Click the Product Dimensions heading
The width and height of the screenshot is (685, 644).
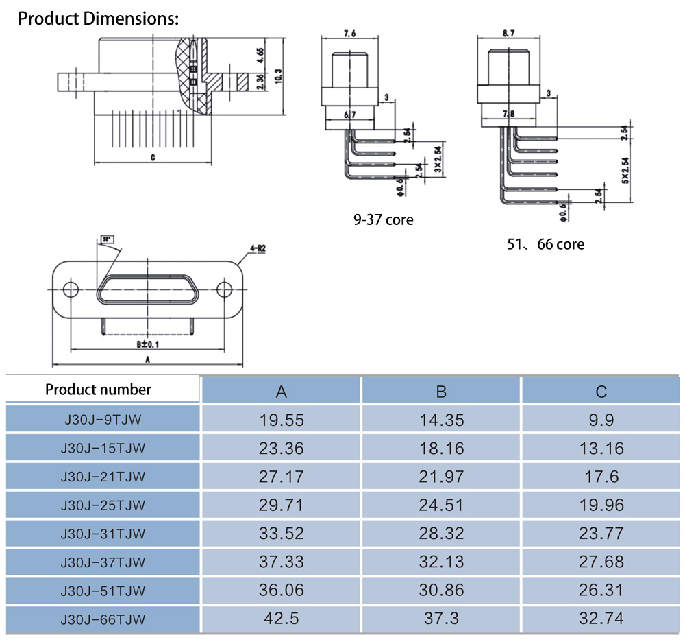tap(98, 19)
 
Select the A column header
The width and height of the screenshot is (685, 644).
tap(281, 392)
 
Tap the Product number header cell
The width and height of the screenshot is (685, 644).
tap(98, 390)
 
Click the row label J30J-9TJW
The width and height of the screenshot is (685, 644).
tap(103, 420)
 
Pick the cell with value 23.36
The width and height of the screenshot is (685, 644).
tap(281, 449)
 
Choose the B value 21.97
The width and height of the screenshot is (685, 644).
tap(441, 477)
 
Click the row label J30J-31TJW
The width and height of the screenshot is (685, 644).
tap(103, 534)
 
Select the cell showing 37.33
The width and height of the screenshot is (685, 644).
tap(281, 562)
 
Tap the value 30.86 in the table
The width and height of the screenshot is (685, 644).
tap(441, 590)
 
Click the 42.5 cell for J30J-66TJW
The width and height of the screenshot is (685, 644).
tap(281, 619)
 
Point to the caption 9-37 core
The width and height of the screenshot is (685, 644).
tap(383, 220)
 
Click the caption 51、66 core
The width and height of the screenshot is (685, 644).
tap(545, 244)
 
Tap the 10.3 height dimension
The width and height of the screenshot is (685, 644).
tap(277, 75)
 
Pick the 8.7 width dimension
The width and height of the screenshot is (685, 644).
tap(508, 33)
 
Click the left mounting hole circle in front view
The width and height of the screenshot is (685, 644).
tap(71, 289)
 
